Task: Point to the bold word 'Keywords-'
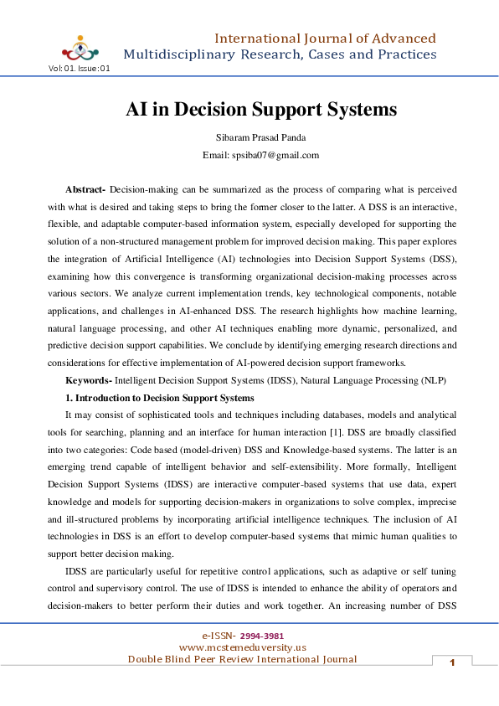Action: click(89, 380)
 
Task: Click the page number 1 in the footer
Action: click(452, 663)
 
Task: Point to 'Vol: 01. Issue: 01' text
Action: click(80, 69)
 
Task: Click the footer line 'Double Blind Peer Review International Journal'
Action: click(242, 659)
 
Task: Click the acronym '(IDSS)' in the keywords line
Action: click(273, 380)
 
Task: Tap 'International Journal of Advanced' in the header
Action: click(325, 39)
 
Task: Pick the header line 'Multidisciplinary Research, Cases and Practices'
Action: click(280, 54)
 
